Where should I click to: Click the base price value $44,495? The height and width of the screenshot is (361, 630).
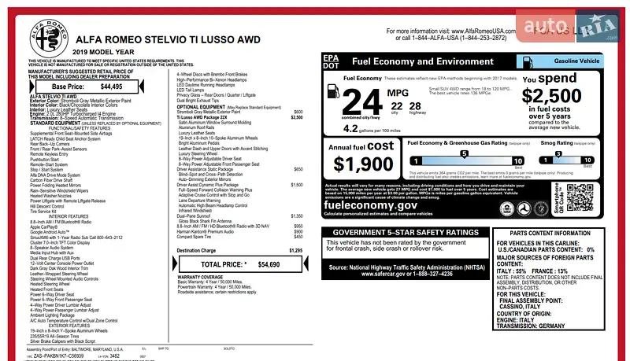[111, 87]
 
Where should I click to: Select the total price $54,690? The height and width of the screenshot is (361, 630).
[269, 264]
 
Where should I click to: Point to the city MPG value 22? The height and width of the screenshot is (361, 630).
[396, 106]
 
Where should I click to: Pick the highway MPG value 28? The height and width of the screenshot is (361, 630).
[417, 106]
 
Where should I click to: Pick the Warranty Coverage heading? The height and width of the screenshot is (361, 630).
[201, 278]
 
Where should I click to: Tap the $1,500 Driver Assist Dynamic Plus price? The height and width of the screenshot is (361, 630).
[297, 185]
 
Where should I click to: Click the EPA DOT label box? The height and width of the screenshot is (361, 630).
[332, 61]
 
